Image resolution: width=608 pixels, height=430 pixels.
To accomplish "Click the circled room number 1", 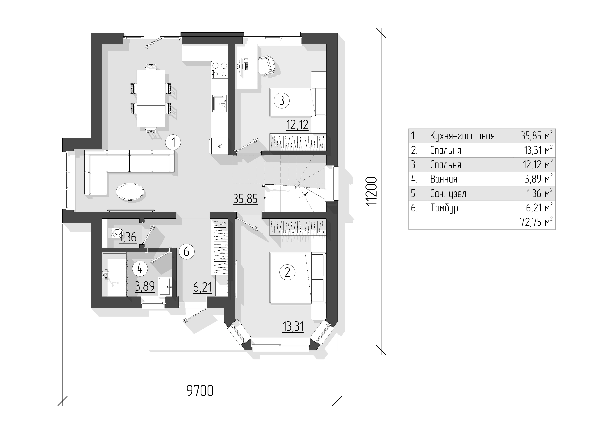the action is [173, 143].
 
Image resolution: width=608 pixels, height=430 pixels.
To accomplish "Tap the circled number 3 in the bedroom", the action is [282, 101].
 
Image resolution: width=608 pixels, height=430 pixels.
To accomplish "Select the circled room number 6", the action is [186, 251].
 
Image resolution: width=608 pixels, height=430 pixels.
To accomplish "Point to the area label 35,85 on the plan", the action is [245, 199].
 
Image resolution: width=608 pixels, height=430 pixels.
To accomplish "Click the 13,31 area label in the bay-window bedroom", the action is [293, 327].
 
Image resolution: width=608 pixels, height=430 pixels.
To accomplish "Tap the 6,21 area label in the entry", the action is [203, 288].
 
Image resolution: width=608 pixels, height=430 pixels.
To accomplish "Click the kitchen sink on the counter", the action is [220, 104].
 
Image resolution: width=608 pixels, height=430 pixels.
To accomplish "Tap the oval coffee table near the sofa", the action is [130, 191].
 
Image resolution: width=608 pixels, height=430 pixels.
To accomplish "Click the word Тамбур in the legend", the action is [444, 208].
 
